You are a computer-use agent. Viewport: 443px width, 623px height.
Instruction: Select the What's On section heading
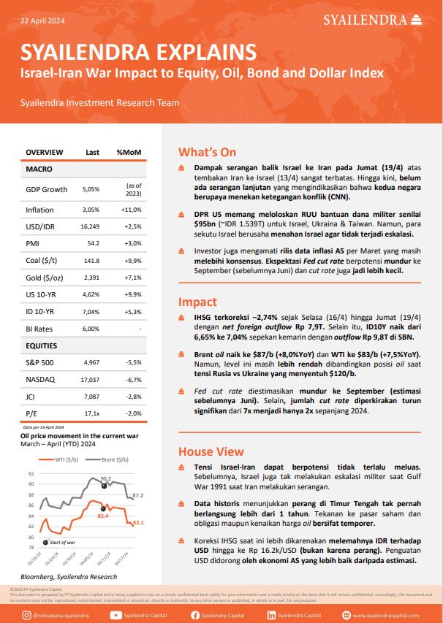pos(208,152)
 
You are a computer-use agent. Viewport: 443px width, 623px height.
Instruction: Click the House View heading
pos(211,451)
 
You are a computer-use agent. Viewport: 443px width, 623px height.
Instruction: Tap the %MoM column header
pos(129,152)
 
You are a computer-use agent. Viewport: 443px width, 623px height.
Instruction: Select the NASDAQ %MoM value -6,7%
pos(134,380)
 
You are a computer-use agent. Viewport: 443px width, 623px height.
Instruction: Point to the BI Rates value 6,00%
pos(91,329)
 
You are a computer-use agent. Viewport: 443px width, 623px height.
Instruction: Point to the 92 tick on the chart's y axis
pos(30,484)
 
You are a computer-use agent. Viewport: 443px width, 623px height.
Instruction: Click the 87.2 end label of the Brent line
pos(138,495)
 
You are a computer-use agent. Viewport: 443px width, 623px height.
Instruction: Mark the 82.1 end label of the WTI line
pos(138,523)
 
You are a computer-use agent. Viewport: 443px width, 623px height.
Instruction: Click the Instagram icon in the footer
pos(26,615)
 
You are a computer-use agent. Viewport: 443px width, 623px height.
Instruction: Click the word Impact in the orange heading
pos(197,302)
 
